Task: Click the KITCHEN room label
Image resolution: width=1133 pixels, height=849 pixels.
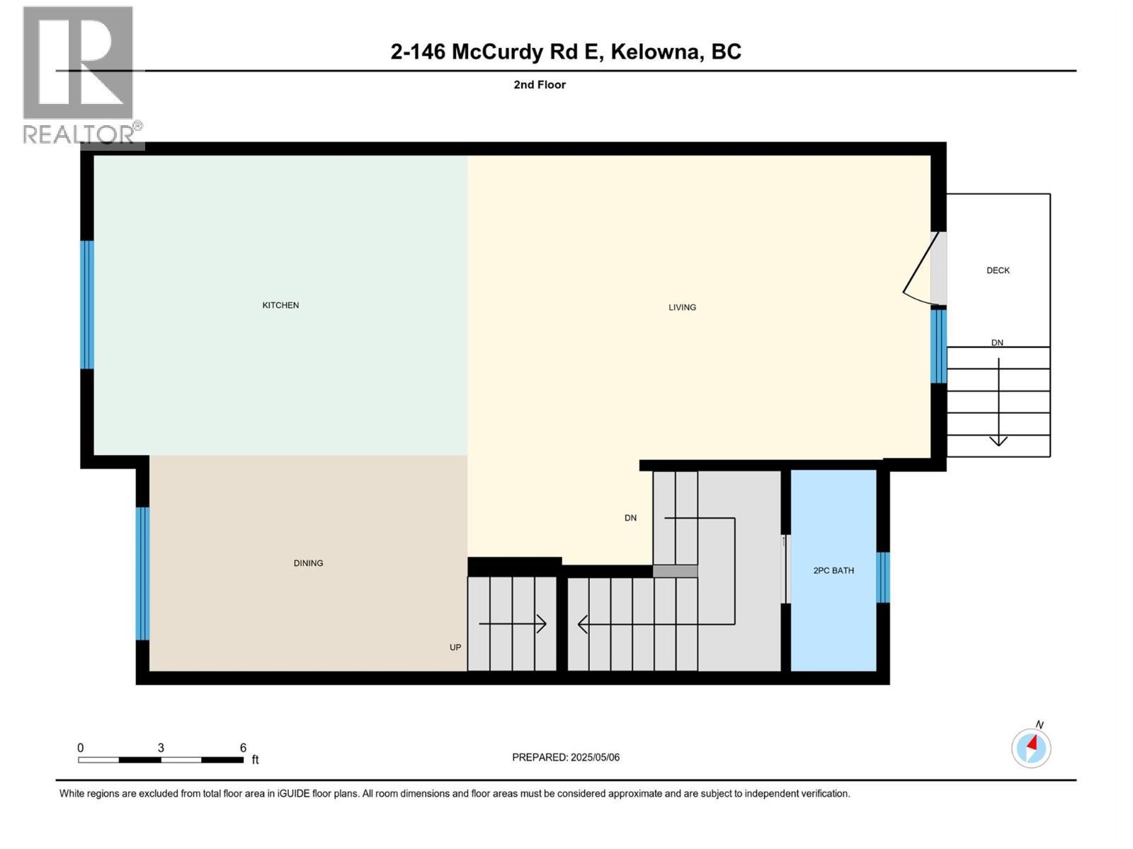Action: [x=280, y=305]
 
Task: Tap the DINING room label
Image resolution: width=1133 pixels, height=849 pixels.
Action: [x=308, y=563]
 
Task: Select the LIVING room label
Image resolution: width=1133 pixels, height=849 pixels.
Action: [x=682, y=307]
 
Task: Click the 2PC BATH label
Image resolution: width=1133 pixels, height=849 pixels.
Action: [x=833, y=570]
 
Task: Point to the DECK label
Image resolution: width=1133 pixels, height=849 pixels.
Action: [x=998, y=270]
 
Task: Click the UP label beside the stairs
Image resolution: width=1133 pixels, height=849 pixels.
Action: [x=455, y=647]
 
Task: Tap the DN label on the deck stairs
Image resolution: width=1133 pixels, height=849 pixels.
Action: [x=997, y=342]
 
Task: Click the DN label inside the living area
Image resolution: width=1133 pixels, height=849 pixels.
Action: [x=630, y=518]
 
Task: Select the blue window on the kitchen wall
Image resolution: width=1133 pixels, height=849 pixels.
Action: [x=87, y=305]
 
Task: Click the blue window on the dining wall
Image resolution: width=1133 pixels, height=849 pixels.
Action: [x=142, y=574]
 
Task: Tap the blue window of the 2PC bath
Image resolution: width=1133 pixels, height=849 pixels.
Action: [x=883, y=577]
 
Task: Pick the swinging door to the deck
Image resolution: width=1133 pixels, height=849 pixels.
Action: [x=921, y=272]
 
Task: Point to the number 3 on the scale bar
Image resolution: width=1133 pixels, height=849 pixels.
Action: [x=161, y=748]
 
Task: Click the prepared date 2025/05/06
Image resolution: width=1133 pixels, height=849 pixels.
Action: [x=595, y=757]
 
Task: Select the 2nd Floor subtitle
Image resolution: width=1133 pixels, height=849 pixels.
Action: [x=540, y=85]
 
